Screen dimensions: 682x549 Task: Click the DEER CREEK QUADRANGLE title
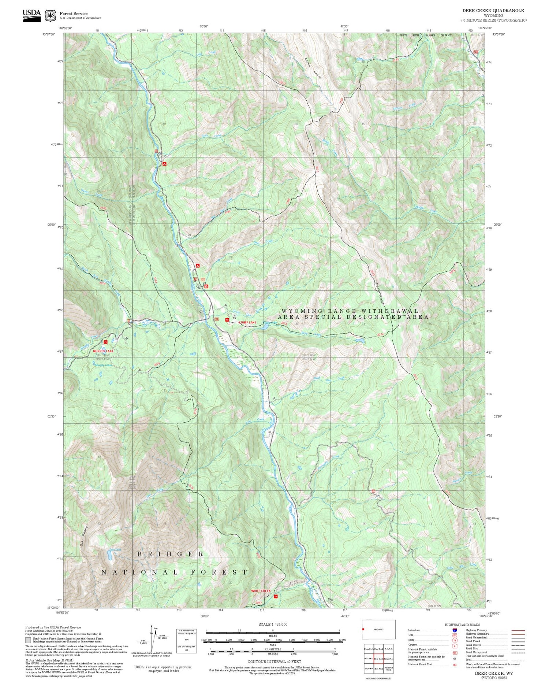coord(493,11)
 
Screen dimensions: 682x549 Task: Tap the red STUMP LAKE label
coord(247,323)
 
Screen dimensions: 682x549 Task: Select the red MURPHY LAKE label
coord(103,351)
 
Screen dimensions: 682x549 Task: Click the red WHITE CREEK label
coord(261,591)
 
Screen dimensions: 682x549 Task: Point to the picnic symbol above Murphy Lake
coord(106,342)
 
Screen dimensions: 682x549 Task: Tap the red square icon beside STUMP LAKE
coord(227,320)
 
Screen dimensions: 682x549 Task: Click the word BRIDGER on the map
coord(170,554)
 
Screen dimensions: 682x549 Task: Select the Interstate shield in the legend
coord(455,630)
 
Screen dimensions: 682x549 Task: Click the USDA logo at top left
coord(32,15)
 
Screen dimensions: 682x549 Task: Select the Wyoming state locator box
coord(378,629)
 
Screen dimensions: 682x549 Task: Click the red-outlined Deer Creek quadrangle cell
coord(378,659)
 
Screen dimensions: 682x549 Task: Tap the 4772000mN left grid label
coord(56,145)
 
